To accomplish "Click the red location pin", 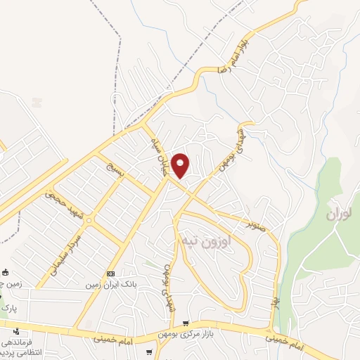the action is [x=181, y=165].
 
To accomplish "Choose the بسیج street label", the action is [x=115, y=169].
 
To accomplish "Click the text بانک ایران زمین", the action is [x=111, y=285].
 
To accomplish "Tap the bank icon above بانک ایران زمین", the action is [x=111, y=273].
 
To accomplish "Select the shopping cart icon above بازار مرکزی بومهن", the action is [x=186, y=323].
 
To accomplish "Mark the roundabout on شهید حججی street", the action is [x=89, y=221].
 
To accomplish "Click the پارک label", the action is [x=9, y=308].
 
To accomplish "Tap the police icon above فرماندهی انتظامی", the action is [x=15, y=331].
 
